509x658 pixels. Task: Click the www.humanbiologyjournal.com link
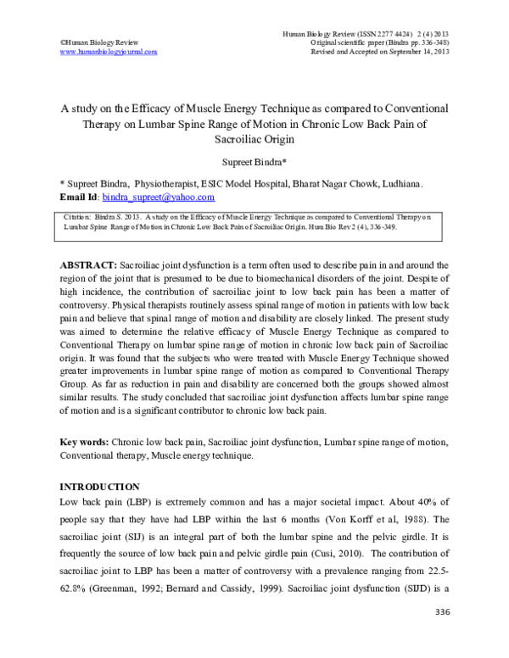point(109,52)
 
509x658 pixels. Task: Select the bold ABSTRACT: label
point(89,254)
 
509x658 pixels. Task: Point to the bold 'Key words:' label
point(84,443)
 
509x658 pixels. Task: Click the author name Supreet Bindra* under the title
point(254,161)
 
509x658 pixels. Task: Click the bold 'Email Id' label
point(78,197)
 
